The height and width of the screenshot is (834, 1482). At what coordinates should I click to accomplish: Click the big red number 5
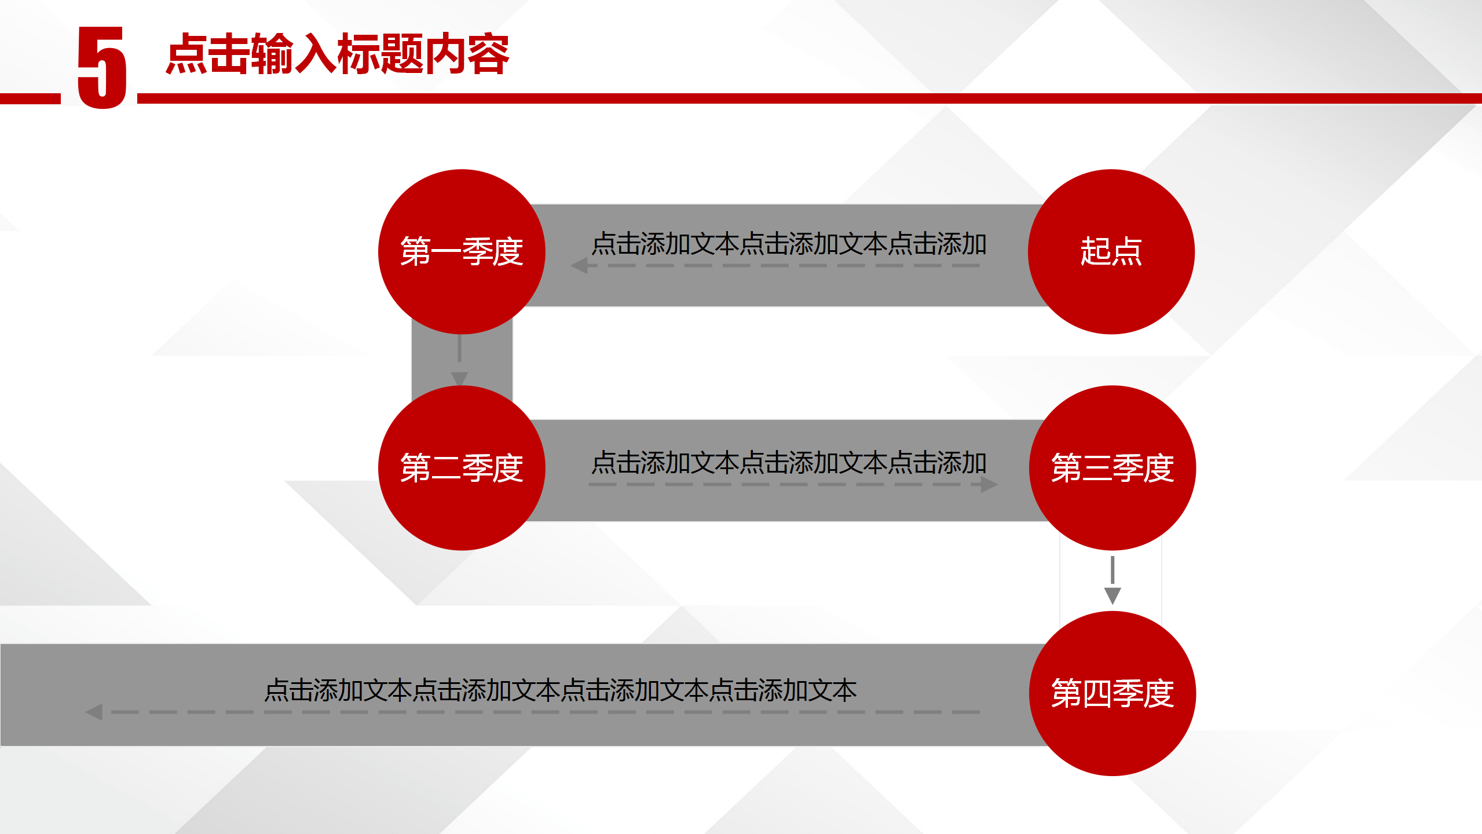point(102,67)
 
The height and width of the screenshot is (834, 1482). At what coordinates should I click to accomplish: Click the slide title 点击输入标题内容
point(338,54)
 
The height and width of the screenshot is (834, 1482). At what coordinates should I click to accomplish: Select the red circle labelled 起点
point(1111,251)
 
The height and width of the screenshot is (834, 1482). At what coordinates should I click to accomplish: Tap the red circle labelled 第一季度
point(462,251)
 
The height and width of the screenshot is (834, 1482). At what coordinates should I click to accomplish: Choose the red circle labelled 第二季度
point(462,468)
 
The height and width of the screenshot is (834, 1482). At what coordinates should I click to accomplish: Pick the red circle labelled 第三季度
point(1112,468)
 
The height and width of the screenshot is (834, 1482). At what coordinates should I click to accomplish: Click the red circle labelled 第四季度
point(1112,693)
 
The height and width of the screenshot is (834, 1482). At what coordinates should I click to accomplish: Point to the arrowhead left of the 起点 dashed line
point(579,266)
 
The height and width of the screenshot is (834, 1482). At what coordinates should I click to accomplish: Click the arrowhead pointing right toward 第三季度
point(989,484)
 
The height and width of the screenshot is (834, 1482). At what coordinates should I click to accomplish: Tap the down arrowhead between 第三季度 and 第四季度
point(1112,596)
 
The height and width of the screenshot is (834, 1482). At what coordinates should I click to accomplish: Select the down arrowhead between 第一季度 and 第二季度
point(459,379)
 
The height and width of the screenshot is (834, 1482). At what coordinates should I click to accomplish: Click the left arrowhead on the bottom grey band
point(94,712)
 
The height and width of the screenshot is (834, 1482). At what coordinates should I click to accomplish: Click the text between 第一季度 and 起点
point(789,244)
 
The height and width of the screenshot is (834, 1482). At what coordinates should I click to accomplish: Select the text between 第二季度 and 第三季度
point(789,463)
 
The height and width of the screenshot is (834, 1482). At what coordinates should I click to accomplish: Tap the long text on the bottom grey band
point(561,690)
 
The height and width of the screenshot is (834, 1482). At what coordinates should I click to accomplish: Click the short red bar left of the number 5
point(30,98)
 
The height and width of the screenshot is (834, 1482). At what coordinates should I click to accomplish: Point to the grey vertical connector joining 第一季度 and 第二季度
point(462,359)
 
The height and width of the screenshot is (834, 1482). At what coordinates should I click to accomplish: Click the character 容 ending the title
point(488,54)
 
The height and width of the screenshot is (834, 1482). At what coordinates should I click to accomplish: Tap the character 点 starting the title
point(187,54)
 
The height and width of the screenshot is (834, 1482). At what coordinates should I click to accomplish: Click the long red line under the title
point(810,98)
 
